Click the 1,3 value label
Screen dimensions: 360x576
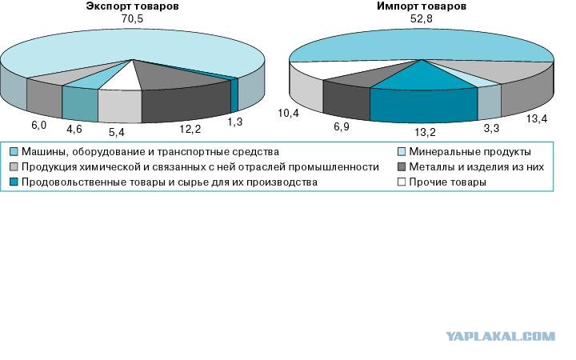click(235, 120)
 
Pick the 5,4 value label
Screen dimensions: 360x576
click(118, 130)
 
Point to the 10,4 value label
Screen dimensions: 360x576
click(289, 114)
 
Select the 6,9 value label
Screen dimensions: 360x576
click(341, 127)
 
